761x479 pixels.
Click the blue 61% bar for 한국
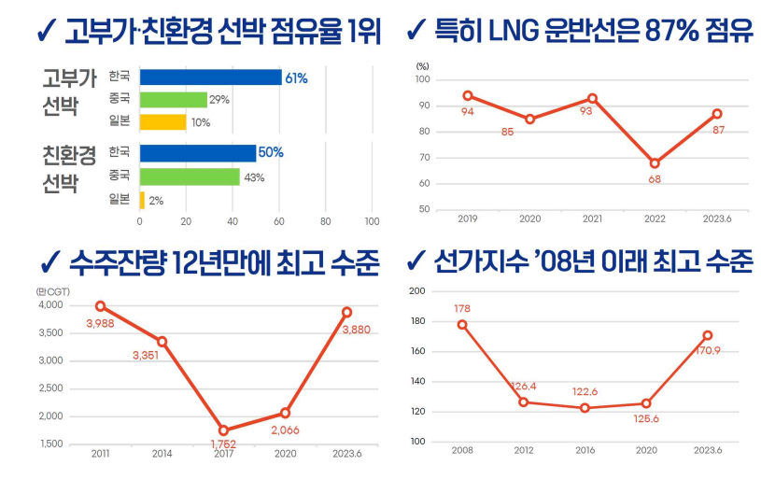[210, 77]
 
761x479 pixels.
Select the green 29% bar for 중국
[173, 100]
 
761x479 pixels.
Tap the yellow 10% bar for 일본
[162, 121]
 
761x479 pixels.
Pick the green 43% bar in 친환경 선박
[190, 176]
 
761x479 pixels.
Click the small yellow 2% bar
[142, 200]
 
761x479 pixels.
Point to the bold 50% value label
[271, 153]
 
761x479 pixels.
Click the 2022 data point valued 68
[655, 163]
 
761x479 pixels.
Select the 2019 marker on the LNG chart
[468, 95]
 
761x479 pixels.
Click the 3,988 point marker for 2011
[100, 306]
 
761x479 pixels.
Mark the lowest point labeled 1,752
[223, 430]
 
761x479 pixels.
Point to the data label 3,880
[357, 330]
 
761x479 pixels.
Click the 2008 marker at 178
[462, 325]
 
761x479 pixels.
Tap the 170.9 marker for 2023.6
[708, 335]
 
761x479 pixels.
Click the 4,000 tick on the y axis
[50, 305]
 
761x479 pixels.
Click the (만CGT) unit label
[52, 291]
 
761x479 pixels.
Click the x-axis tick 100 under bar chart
[372, 221]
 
